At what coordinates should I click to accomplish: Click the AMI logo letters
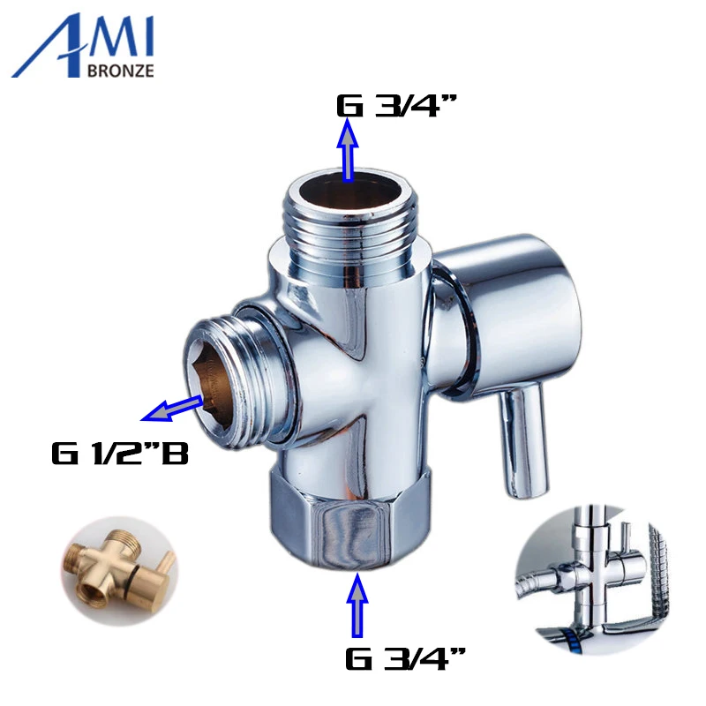click(84, 44)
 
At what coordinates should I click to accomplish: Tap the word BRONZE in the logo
click(122, 71)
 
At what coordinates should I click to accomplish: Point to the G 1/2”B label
click(119, 455)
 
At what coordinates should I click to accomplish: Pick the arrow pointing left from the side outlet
click(172, 408)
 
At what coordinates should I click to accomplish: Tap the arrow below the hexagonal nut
click(358, 605)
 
